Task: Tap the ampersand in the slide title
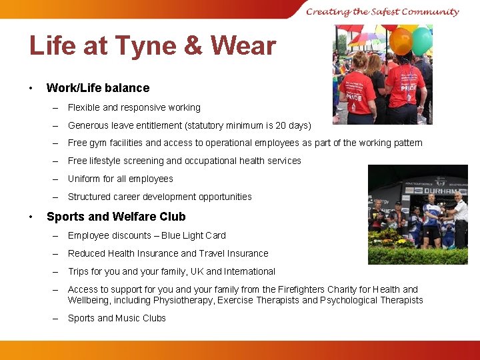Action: [x=191, y=46]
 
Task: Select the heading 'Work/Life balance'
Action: [x=98, y=88]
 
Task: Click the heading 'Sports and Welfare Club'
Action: [x=116, y=217]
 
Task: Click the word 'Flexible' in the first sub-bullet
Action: [x=84, y=107]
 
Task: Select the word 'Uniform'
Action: [x=85, y=179]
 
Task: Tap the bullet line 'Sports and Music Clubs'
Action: [x=117, y=318]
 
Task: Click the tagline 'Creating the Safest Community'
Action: [x=383, y=11]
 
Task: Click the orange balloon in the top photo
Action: [x=401, y=41]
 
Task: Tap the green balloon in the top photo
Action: [x=422, y=41]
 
